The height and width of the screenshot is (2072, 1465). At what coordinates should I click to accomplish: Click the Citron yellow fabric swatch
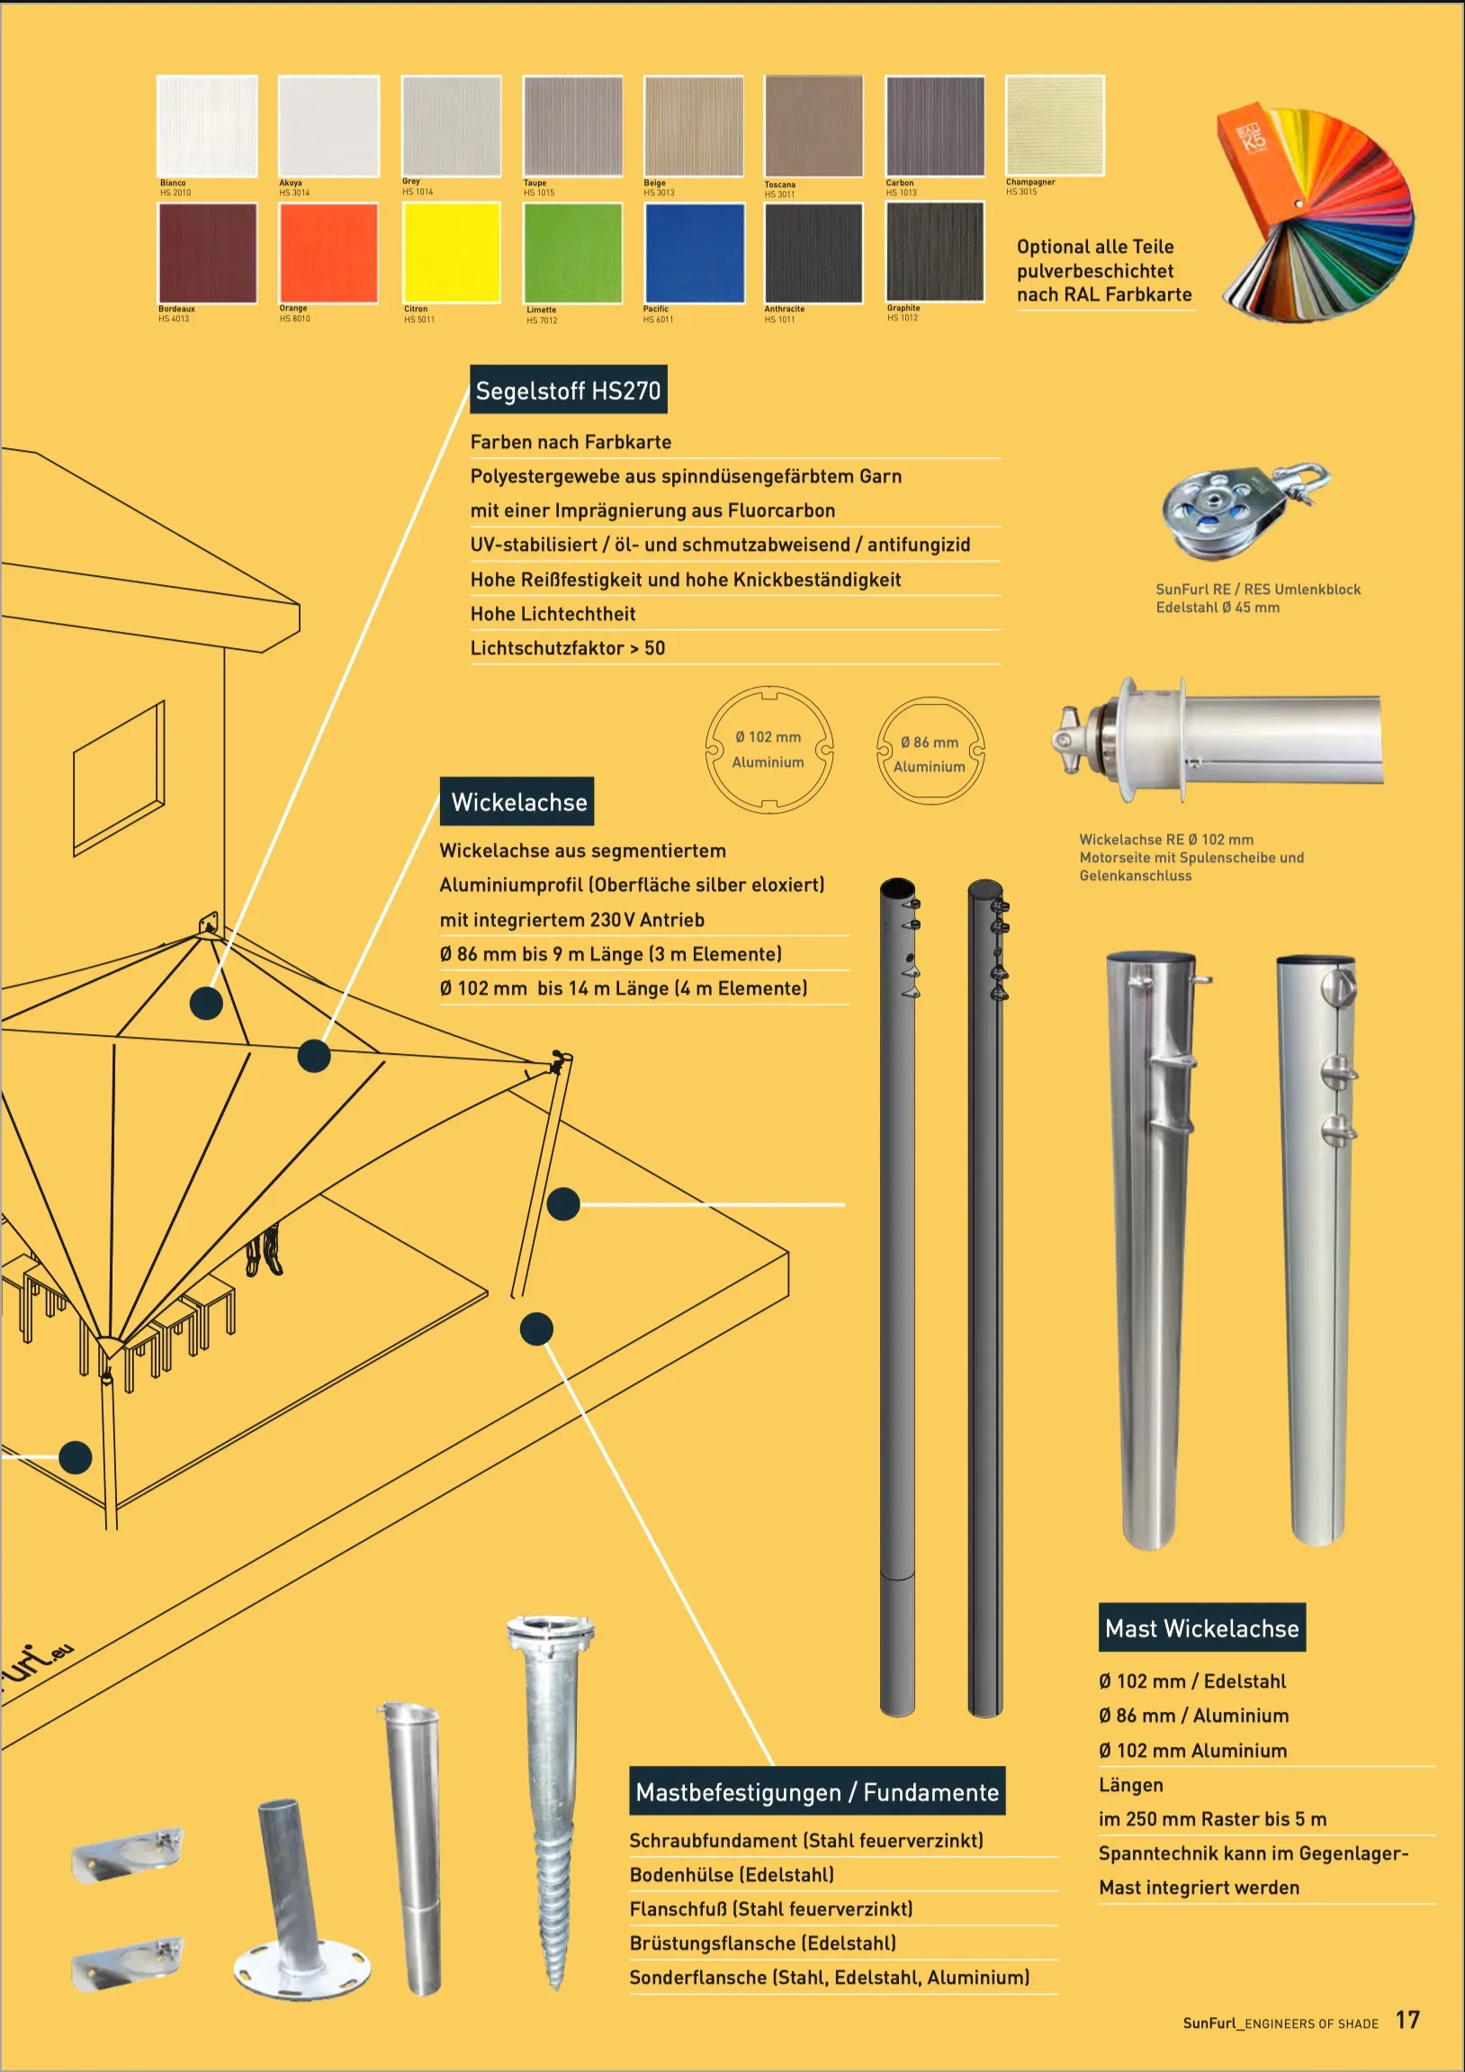coord(451,252)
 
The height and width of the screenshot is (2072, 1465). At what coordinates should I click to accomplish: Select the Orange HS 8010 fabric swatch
coord(328,252)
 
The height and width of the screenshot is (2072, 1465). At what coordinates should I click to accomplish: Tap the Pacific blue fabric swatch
coord(694,252)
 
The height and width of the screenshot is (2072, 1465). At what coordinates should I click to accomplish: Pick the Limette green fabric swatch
coord(573,252)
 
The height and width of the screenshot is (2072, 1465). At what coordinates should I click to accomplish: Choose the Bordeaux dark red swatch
coord(208,252)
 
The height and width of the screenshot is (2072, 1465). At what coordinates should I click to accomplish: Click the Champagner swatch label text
coord(1030,183)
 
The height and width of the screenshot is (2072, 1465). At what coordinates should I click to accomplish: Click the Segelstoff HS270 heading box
coord(569,390)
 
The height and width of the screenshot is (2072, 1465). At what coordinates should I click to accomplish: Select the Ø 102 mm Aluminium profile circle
coord(768,749)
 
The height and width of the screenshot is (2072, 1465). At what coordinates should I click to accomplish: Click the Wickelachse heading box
coord(517,801)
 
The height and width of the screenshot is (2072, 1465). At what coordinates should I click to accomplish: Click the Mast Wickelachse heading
coord(1201,1628)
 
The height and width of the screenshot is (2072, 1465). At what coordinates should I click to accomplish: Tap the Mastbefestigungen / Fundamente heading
coord(816,1792)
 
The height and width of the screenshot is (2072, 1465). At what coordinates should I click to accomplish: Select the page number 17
coord(1407,2021)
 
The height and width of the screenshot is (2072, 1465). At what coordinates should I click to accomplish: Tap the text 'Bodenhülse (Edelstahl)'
coord(732,1874)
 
